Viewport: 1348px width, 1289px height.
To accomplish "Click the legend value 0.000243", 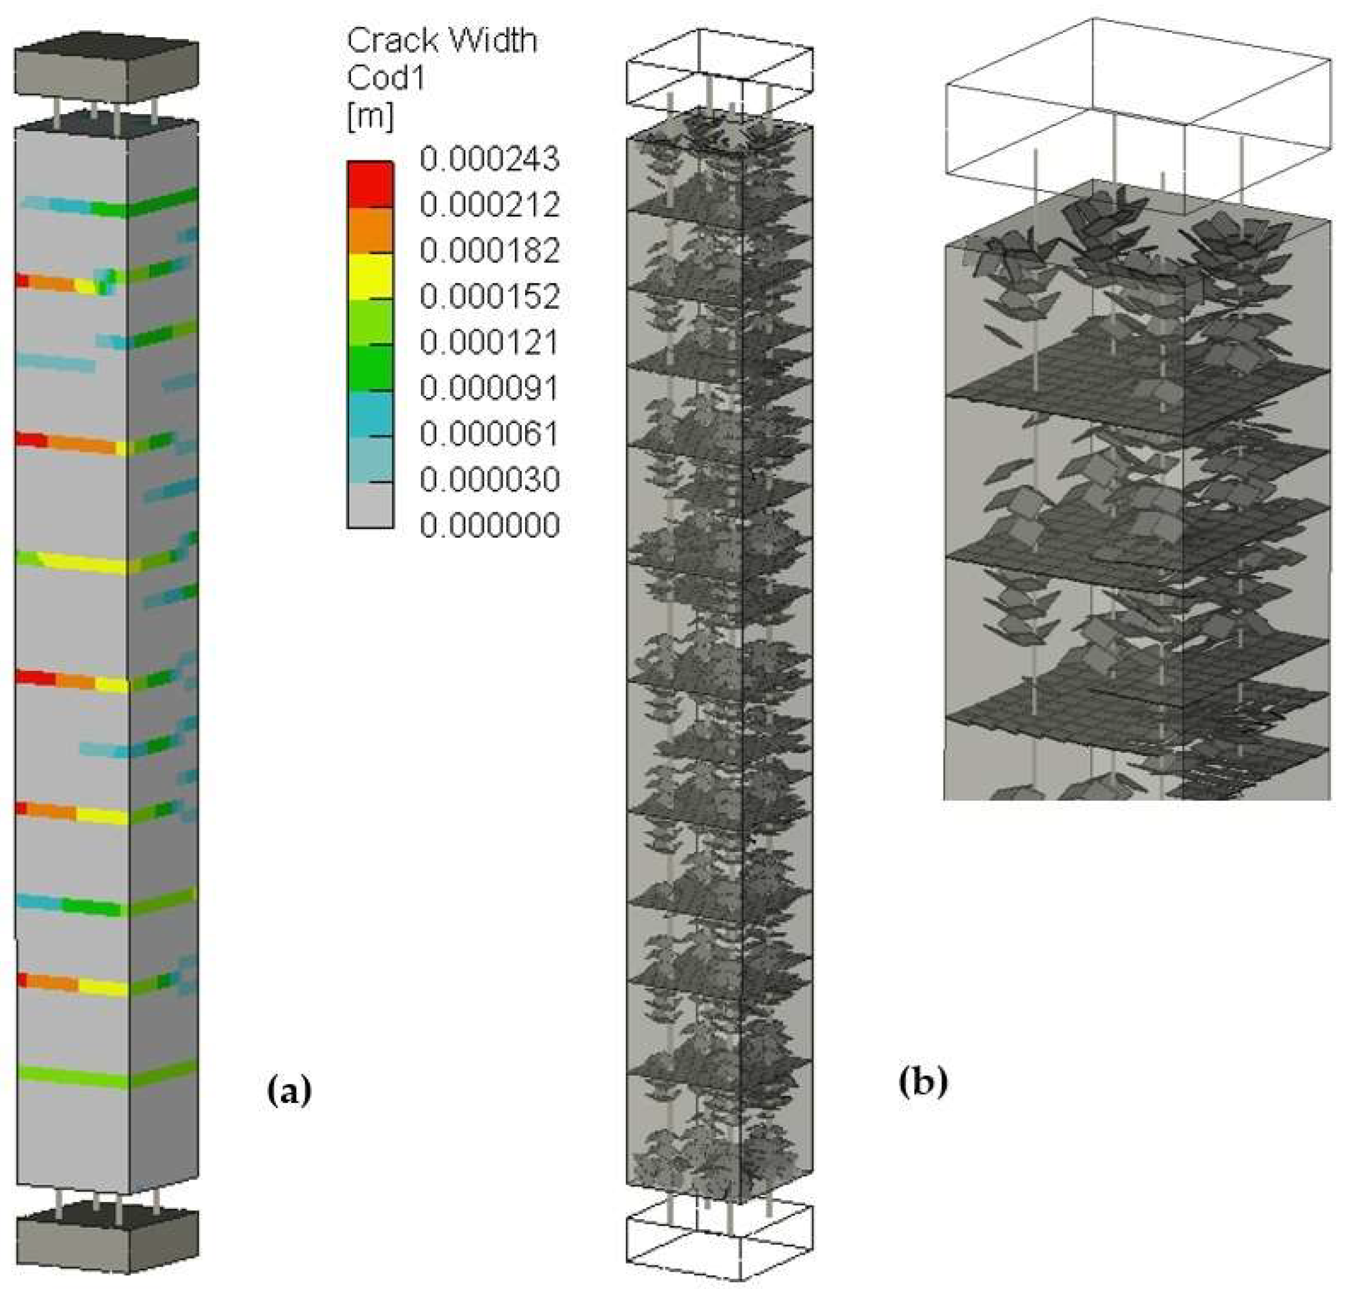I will [489, 159].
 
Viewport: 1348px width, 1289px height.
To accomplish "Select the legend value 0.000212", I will [489, 205].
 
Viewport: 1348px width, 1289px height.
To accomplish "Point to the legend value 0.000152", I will [489, 297].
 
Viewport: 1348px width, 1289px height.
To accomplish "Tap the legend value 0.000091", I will [489, 388].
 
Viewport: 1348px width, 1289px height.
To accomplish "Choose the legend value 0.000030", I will [489, 480].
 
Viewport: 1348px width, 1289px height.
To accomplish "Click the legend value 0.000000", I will [489, 526].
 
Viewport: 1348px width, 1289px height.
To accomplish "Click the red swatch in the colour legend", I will [370, 184].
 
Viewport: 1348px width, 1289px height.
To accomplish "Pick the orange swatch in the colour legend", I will [370, 230].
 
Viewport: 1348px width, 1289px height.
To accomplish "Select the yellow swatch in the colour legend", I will [370, 276].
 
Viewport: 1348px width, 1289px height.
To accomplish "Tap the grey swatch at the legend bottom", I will [370, 505].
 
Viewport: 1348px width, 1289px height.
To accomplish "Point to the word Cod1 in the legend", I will [385, 78].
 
